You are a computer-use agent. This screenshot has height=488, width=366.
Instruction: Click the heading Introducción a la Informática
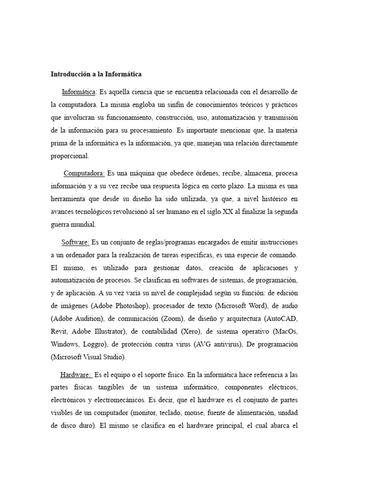(96, 74)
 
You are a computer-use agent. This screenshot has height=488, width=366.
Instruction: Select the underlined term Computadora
(84, 173)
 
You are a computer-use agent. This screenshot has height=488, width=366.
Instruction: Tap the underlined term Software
(75, 242)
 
